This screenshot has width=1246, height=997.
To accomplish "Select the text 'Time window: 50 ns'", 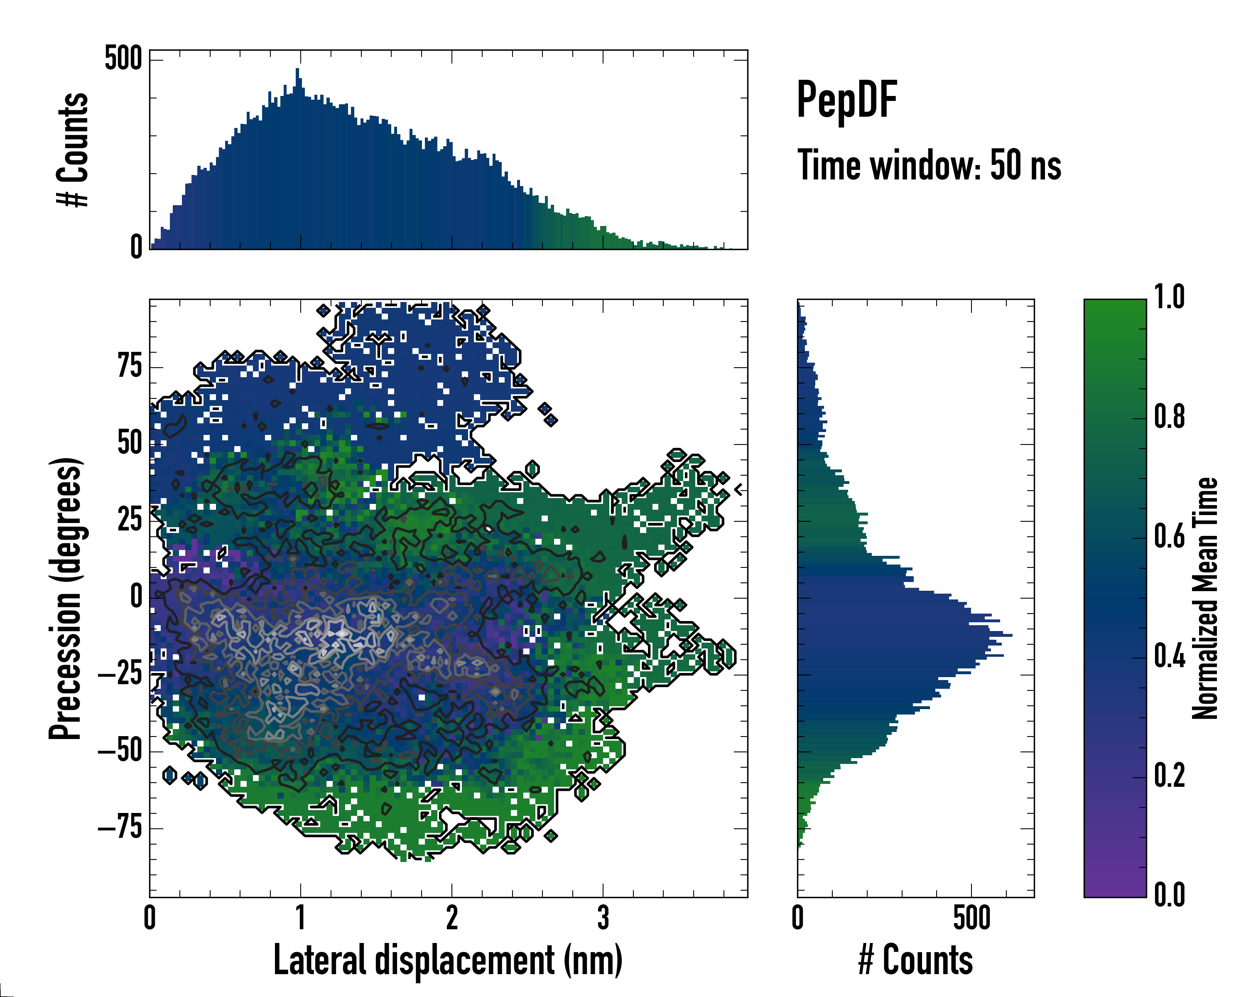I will [929, 166].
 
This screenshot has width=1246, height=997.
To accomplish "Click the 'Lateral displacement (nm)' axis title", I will [448, 960].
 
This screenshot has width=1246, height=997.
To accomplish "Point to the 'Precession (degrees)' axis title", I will [65, 598].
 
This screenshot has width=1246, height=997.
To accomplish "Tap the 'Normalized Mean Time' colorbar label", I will [1205, 598].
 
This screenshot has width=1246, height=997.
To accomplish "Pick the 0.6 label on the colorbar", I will [1169, 536].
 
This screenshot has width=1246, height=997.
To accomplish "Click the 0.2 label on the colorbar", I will [1169, 776].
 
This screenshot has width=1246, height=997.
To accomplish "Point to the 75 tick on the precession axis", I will [130, 366].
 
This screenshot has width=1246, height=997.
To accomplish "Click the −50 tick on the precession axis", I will [120, 751].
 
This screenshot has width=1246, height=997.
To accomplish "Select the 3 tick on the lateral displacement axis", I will [603, 918].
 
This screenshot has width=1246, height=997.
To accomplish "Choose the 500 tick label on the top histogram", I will [123, 59].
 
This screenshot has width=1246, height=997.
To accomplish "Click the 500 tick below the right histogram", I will [971, 918].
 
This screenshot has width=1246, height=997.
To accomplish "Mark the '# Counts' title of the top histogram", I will [73, 149].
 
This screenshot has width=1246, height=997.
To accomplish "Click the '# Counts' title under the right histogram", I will [915, 960].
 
